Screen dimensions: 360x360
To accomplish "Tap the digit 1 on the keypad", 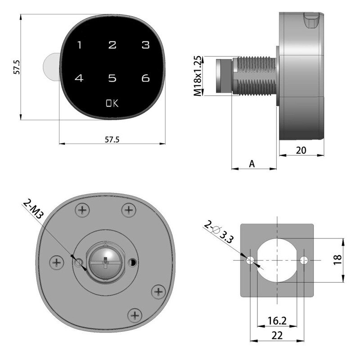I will point(79,45).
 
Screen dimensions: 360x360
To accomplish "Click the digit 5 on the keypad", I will point(112,78).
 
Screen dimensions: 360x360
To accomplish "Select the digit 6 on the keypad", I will point(145,78).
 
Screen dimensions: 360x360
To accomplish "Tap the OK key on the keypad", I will point(112,103).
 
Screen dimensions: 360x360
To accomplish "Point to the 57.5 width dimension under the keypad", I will point(112,139).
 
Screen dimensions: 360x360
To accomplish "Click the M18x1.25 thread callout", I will point(197,76).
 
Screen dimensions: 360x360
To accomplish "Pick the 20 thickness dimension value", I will point(301,151).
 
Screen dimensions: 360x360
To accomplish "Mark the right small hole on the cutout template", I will point(305,260).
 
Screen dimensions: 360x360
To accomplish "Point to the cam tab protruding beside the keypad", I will point(50,67).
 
